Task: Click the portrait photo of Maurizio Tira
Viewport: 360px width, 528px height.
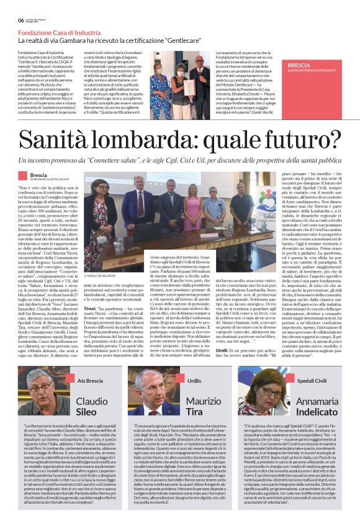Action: tap(156, 395)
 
